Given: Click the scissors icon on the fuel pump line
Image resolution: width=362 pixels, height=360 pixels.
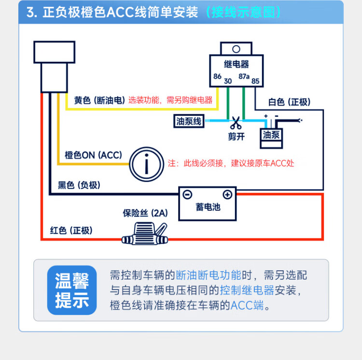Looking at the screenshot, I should [236, 122].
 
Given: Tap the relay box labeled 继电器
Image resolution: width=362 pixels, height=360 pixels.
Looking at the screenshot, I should [237, 70].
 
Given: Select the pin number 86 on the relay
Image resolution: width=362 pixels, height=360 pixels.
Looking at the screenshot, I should [218, 77].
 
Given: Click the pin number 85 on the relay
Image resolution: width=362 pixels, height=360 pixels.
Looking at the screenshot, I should [256, 81].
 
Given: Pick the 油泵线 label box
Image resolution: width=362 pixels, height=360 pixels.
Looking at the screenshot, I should [189, 122].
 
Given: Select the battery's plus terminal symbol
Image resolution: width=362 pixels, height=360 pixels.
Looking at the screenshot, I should [227, 194].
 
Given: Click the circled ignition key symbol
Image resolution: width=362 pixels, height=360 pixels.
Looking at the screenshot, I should [147, 164].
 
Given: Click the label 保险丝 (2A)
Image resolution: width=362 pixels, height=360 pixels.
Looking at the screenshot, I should [145, 213].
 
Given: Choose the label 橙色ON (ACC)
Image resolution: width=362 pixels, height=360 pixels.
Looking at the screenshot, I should [93, 155].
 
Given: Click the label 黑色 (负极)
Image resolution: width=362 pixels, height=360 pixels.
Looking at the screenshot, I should [79, 185].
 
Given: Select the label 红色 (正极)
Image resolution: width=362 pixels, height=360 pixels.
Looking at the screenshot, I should [71, 230].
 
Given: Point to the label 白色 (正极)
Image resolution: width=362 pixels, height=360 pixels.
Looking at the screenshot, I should [289, 102].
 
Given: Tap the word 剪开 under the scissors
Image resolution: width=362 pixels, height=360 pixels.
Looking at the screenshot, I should [236, 137].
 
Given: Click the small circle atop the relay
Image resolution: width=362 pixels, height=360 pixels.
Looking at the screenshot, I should [237, 49].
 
